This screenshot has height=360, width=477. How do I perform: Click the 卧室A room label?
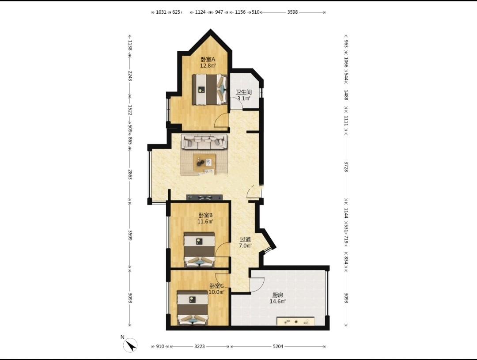click(x=208, y=59)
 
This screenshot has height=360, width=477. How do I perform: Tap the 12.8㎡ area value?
click(x=208, y=65)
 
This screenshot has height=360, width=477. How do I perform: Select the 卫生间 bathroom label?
click(x=244, y=92)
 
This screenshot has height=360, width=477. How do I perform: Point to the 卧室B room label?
click(x=205, y=215)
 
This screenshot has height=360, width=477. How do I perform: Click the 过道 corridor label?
click(x=245, y=239)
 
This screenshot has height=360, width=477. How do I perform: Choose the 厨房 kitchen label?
click(x=277, y=295)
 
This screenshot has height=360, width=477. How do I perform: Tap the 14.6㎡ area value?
click(x=278, y=301)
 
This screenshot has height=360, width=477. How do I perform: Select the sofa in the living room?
click(x=204, y=142)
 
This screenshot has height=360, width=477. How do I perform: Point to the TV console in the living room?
click(x=204, y=197)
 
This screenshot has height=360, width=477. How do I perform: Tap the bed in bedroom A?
click(x=210, y=90)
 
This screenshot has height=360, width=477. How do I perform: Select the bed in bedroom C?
click(x=193, y=308)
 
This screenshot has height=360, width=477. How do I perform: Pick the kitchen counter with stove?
click(x=296, y=321)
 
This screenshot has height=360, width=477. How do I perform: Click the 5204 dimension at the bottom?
click(x=278, y=346)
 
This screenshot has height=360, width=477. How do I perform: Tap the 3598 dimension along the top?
click(x=292, y=12)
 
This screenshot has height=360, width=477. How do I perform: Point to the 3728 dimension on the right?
click(x=346, y=167)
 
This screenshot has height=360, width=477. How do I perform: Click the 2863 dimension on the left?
click(x=130, y=174)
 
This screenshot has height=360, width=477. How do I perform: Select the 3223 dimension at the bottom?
click(x=200, y=346)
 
